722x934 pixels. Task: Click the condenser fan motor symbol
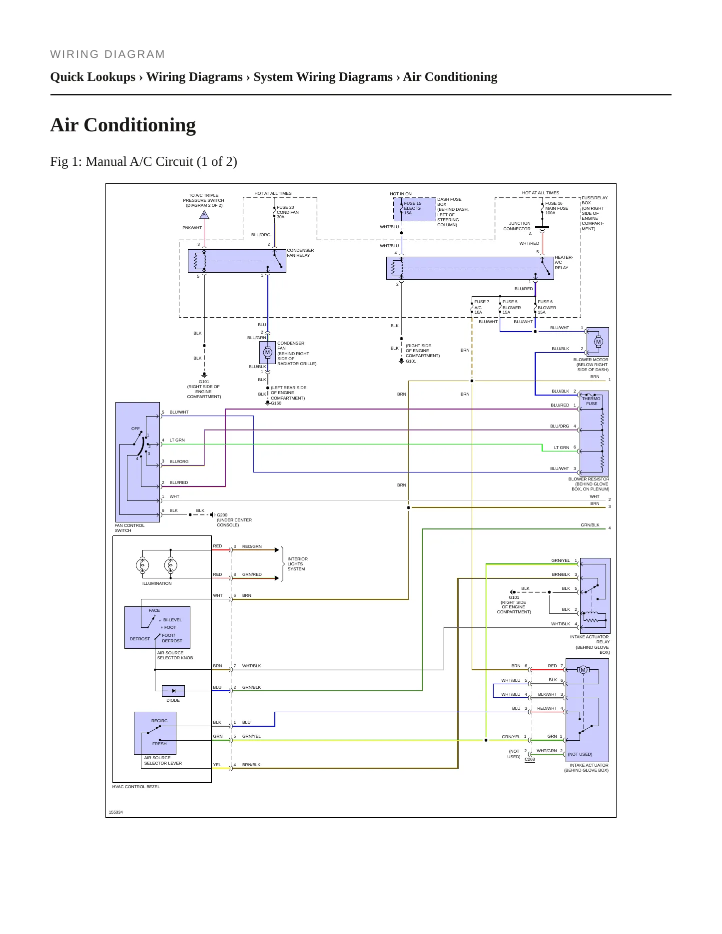click(x=267, y=353)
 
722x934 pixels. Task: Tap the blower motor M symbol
click(x=598, y=342)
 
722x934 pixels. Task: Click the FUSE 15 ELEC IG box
click(x=415, y=209)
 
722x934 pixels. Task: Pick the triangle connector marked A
click(x=204, y=215)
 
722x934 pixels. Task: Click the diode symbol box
click(x=173, y=691)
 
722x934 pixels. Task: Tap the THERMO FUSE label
click(x=591, y=401)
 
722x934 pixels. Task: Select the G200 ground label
click(x=222, y=515)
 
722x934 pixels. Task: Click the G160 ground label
click(x=276, y=403)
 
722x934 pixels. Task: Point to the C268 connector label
click(x=530, y=759)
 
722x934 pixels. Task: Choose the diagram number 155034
click(x=116, y=812)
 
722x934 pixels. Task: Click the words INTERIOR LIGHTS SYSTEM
click(x=297, y=564)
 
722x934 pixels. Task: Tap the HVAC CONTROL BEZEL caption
click(x=136, y=787)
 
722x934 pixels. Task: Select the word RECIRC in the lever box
click(x=159, y=721)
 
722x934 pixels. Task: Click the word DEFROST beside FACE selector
click(x=140, y=639)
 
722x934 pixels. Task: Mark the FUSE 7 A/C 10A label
click(x=482, y=307)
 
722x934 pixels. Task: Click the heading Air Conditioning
click(x=123, y=125)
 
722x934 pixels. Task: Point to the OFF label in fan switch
click(x=135, y=429)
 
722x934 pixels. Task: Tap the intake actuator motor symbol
click(x=583, y=670)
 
